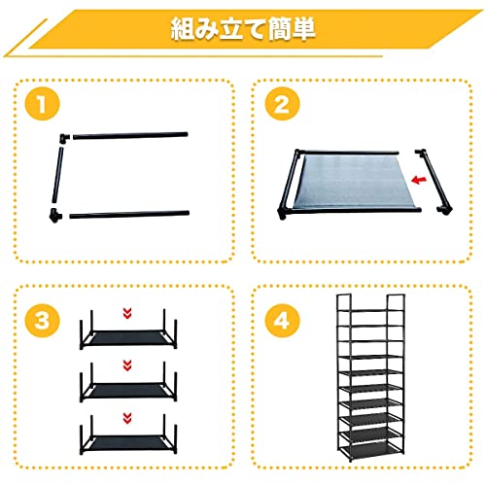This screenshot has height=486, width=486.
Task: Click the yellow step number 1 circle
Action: point(43,104)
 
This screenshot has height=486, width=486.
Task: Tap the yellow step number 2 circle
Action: point(282,104)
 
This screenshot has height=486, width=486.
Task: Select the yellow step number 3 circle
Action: point(43,321)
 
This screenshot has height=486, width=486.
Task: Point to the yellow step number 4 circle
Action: point(282,321)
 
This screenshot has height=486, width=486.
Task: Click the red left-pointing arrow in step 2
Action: point(419,180)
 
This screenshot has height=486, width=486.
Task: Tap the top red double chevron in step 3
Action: point(127,313)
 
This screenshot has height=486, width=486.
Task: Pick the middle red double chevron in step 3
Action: point(127,365)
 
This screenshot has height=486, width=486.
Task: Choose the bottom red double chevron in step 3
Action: point(127,418)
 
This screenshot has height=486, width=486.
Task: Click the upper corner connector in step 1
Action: point(64,138)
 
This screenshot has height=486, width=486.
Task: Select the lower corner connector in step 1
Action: point(55,215)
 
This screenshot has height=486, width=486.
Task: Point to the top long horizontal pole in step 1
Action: point(130,135)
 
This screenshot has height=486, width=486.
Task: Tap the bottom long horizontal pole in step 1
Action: point(129,214)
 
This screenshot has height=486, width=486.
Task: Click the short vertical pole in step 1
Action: point(57,175)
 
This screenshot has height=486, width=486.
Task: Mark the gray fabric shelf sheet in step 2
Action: point(353,182)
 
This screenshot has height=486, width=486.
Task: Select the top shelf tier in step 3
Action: point(128,329)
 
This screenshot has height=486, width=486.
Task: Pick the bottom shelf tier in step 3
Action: point(128,434)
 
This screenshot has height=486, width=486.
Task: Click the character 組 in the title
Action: point(185,29)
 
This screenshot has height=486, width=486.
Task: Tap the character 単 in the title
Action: point(303,29)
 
